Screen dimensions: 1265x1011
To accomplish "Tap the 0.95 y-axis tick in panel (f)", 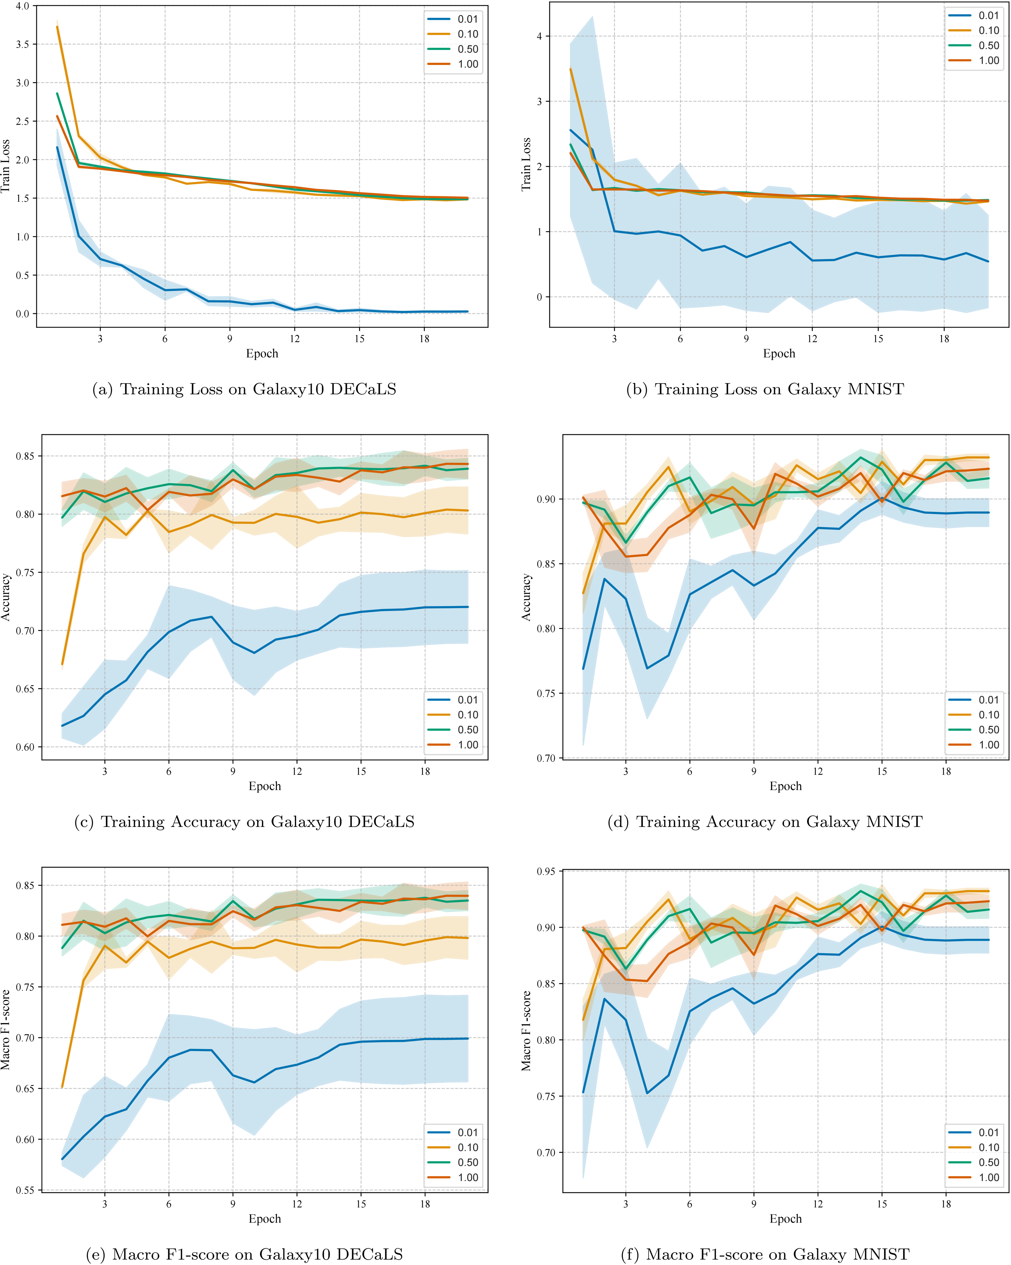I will coord(546,871).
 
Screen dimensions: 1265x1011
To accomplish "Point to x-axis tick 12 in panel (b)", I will coord(812,339).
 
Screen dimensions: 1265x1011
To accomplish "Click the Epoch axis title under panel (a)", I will coord(262,353).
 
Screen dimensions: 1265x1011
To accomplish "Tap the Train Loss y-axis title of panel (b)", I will coord(526,164).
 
